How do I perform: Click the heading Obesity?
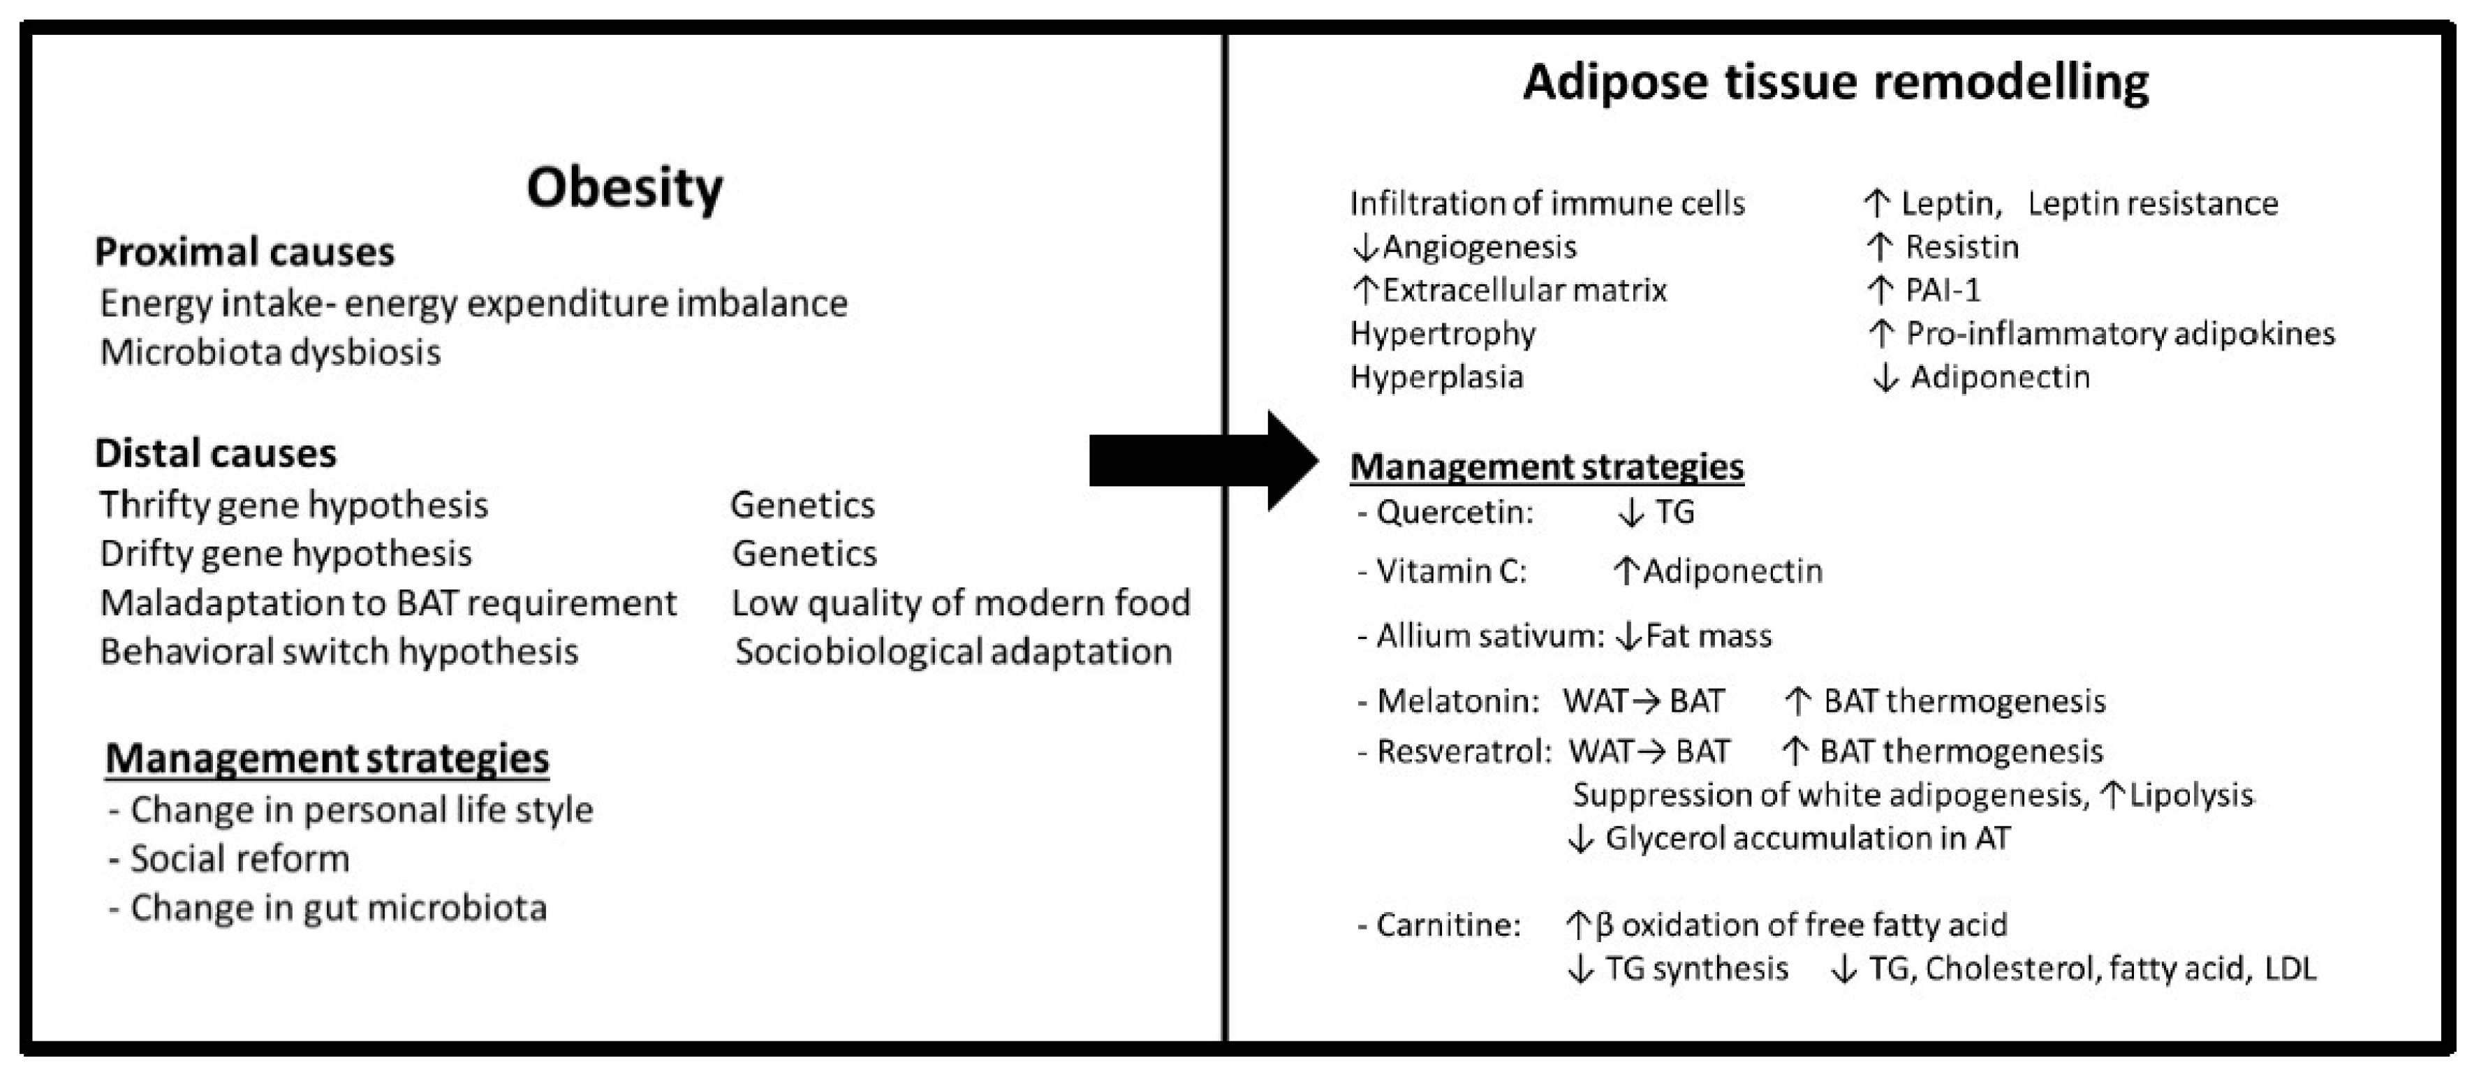click(624, 187)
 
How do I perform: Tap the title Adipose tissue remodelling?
click(1835, 82)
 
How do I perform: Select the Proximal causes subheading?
click(244, 252)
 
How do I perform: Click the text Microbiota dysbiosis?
click(271, 353)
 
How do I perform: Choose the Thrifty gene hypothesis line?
click(294, 505)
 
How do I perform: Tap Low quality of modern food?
click(960, 603)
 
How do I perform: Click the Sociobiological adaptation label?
click(953, 652)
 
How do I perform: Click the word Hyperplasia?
click(1436, 376)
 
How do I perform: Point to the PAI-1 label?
click(1943, 290)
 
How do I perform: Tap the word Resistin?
click(1962, 247)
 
